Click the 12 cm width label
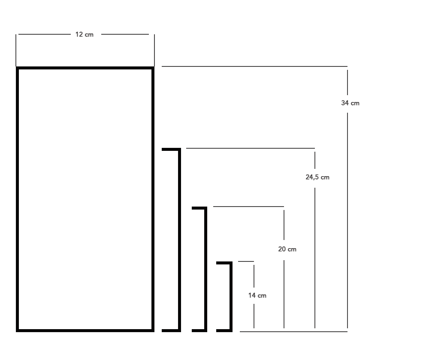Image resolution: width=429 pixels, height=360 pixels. [84, 34]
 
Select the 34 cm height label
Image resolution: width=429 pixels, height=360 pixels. [350, 103]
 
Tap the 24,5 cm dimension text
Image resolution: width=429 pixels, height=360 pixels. [317, 177]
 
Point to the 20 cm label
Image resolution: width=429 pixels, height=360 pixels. [287, 249]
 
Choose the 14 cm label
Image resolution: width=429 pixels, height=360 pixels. [257, 295]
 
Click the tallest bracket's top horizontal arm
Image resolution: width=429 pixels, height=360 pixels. [171, 149]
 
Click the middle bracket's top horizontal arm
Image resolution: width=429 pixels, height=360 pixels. [199, 208]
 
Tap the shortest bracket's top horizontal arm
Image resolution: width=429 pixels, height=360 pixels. [224, 263]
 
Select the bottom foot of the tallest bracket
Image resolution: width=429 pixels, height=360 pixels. [171, 330]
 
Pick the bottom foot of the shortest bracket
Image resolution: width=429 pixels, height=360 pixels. [224, 330]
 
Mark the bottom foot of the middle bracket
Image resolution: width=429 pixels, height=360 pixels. [199, 330]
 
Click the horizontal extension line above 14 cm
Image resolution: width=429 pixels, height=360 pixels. [246, 261]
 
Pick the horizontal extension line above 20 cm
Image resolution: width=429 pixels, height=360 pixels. [248, 207]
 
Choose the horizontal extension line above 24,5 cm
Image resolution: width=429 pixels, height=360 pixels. [251, 148]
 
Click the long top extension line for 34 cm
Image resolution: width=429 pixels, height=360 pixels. [254, 66]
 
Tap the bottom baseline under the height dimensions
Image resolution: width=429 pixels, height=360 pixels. [293, 332]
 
